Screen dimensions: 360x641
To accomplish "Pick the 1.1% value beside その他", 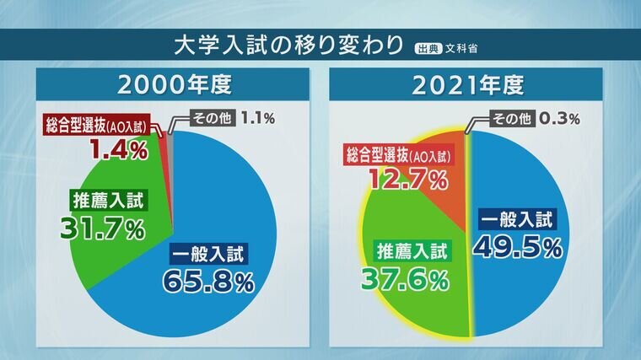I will coord(257,118).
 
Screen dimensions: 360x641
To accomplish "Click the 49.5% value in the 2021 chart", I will coord(518,247).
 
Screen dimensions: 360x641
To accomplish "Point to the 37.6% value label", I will coord(404,279).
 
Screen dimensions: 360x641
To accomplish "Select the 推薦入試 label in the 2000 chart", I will coord(103,200).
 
